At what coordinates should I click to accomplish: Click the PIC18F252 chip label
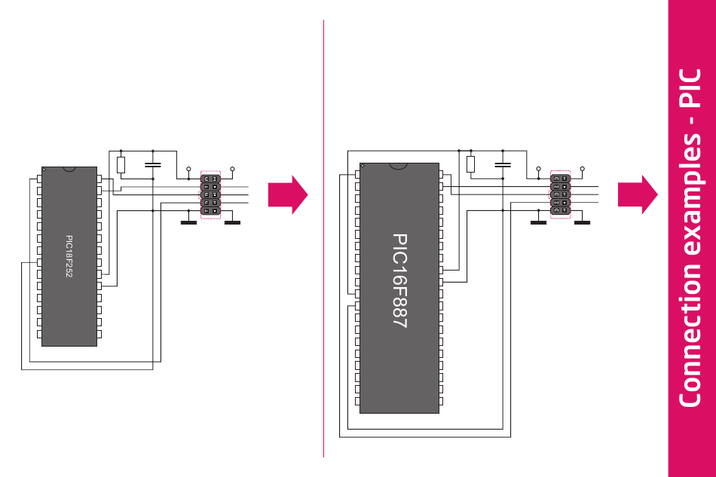pos(69,257)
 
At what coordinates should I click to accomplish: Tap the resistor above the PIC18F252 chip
pos(121,165)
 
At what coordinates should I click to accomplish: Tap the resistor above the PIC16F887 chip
pos(471,164)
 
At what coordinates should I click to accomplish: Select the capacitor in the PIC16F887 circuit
pos(503,164)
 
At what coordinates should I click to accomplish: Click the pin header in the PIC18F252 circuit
pos(210,194)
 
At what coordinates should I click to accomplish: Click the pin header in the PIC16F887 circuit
pos(560,194)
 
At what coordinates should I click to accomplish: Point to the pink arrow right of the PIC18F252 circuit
pos(288,195)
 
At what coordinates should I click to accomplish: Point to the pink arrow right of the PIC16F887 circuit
pos(638,194)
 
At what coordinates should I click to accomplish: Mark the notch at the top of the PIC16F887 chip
pos(399,165)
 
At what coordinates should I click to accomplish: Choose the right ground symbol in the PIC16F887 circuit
pos(583,222)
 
